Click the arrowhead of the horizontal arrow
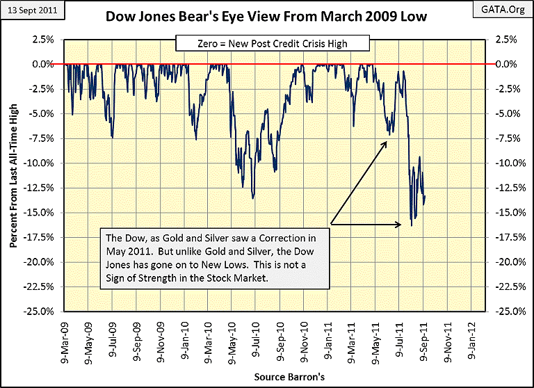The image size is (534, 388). tap(400, 224)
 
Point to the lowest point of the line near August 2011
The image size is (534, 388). tap(412, 226)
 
